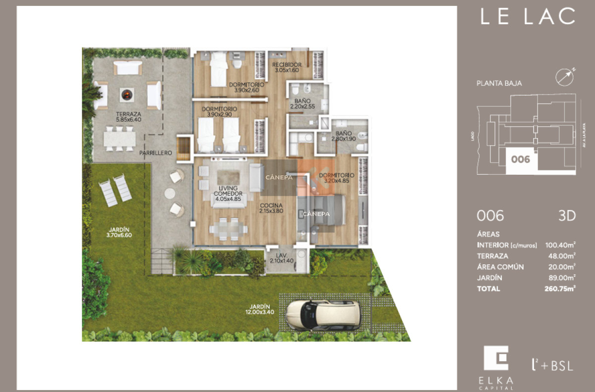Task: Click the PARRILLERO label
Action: click(x=156, y=153)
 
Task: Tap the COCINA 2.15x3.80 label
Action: click(x=271, y=208)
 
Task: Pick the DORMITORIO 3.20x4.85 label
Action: click(x=337, y=178)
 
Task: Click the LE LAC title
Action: click(x=527, y=17)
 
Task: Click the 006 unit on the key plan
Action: click(x=521, y=160)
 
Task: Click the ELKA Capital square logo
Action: click(x=496, y=358)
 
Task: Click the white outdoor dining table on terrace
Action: click(x=119, y=139)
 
